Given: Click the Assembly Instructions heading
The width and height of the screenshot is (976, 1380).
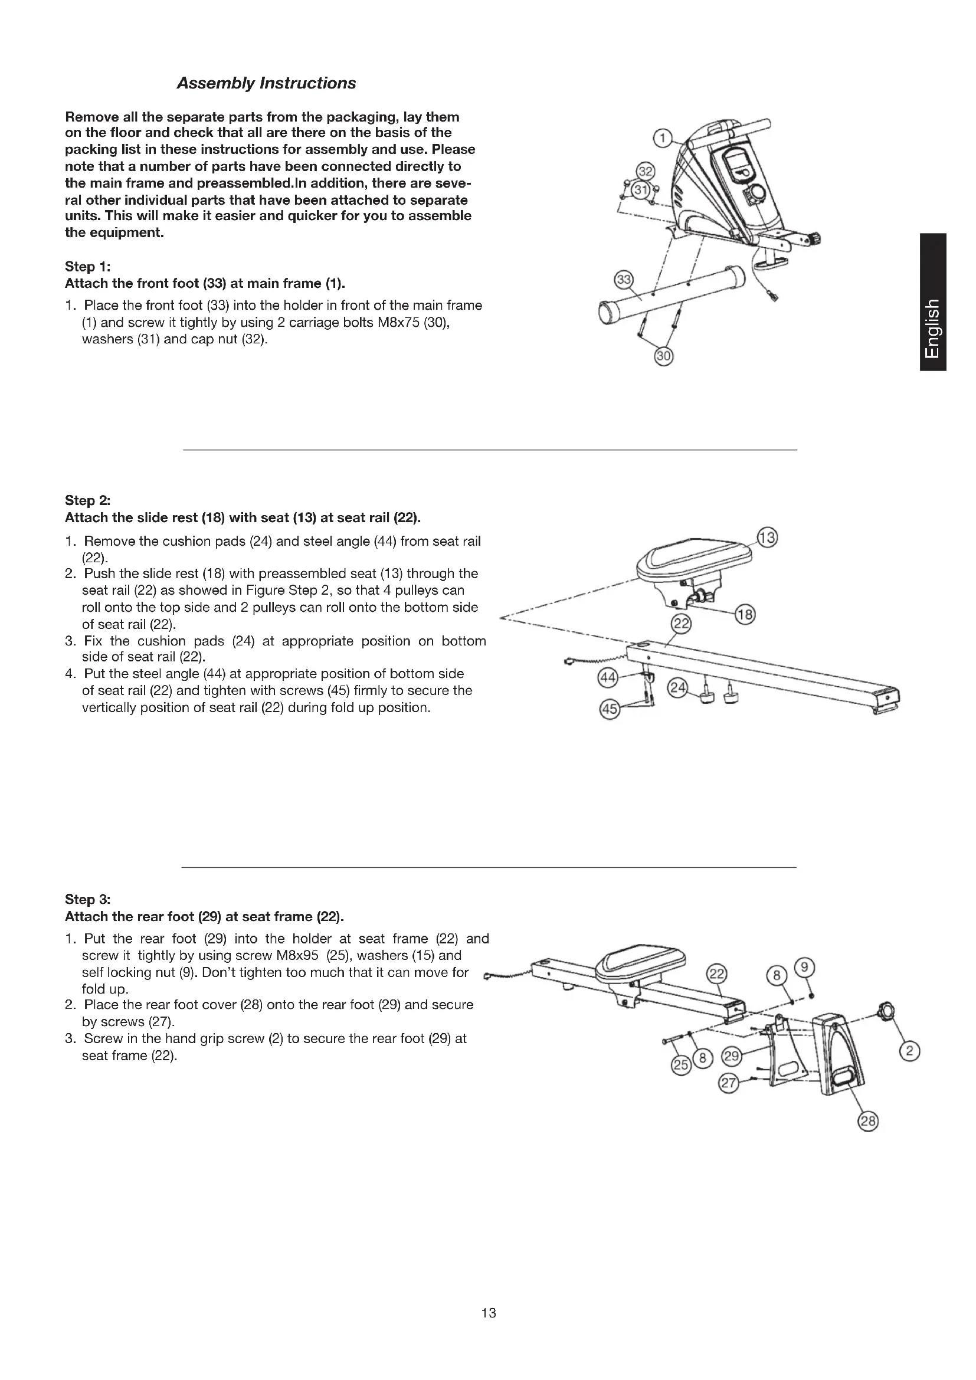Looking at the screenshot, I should pos(266,83).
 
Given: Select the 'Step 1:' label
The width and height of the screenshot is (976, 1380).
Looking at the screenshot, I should pos(88,266).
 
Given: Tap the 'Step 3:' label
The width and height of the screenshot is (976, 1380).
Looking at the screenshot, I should pos(88,899).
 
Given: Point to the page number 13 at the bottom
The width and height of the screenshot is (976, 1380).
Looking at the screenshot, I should pos(489,1313).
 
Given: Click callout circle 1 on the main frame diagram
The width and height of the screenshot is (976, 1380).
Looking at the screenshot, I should pos(662,139).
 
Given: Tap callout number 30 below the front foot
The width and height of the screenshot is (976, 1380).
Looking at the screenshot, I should pos(663,356).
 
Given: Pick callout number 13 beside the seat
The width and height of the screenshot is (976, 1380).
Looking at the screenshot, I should pos(768,537).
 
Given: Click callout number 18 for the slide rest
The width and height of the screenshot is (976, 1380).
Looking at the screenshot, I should pos(745,615).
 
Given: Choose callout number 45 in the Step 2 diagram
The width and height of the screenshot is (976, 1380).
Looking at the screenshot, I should pos(610,710).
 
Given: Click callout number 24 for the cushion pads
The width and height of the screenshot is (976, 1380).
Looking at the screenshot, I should pos(678,688).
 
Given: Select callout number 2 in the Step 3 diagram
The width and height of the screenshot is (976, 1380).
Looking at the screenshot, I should pos(909,1051).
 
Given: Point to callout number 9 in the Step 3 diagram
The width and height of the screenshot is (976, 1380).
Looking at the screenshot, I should pos(805,967).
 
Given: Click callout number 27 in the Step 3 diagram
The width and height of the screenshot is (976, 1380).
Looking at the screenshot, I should pos(728,1084).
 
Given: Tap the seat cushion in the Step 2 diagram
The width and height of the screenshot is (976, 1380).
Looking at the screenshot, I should pos(694,556).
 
